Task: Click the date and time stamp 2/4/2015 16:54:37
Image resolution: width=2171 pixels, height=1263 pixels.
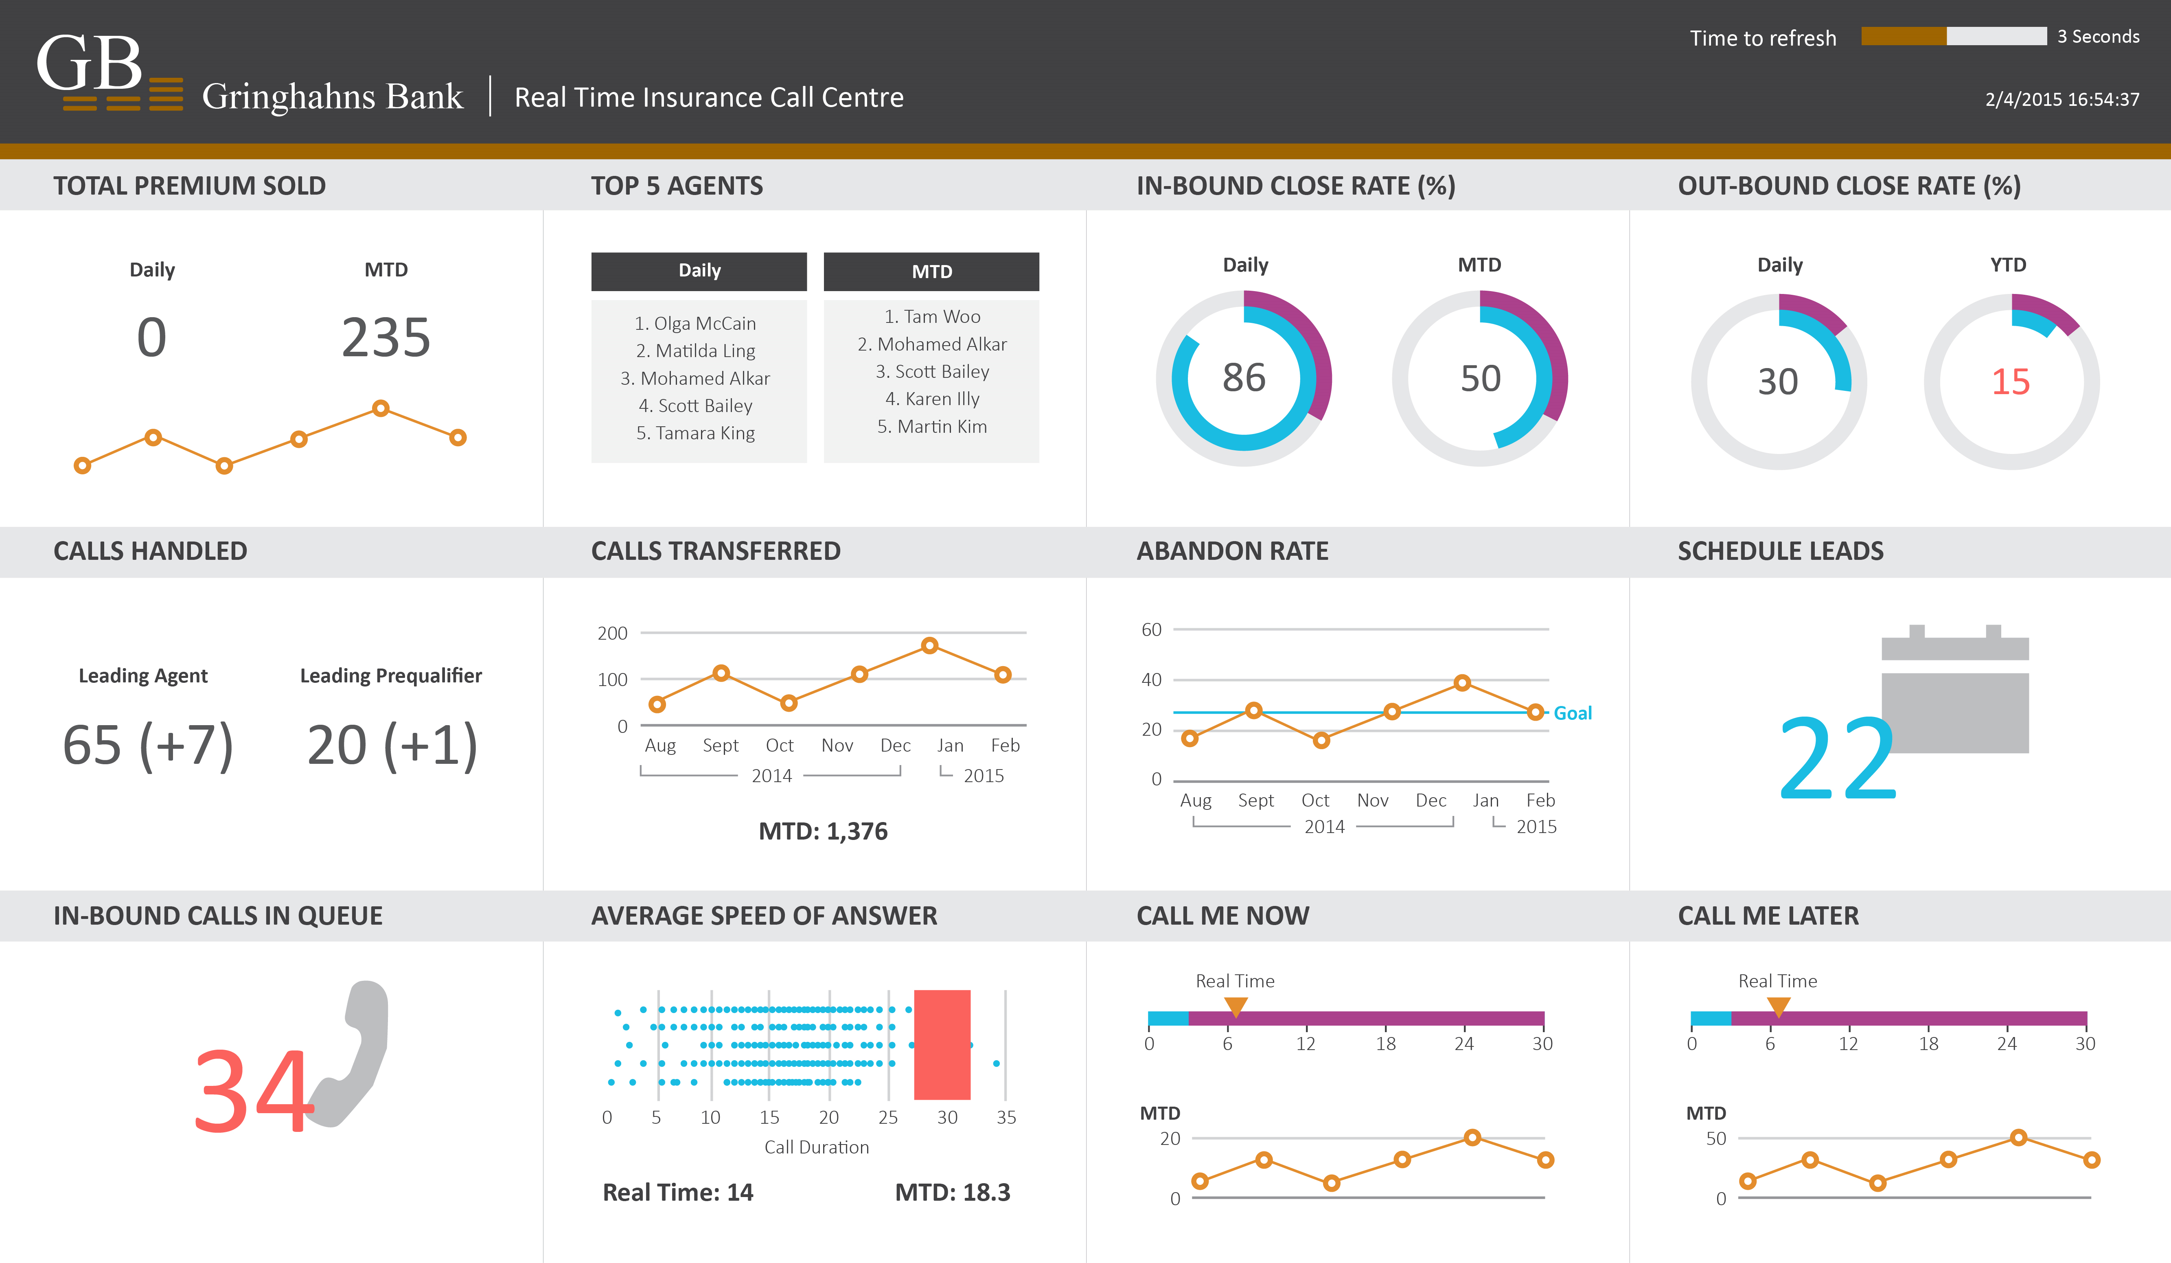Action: click(x=2061, y=99)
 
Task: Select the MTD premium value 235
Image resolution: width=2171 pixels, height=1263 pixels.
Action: click(x=386, y=338)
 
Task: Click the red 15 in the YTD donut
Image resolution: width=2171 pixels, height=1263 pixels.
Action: click(x=2011, y=382)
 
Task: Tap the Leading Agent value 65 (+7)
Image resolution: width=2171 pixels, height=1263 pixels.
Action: click(x=148, y=745)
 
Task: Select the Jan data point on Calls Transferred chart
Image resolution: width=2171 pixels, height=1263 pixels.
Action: click(x=929, y=645)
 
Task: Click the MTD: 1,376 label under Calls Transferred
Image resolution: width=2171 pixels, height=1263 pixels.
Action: click(x=823, y=831)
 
